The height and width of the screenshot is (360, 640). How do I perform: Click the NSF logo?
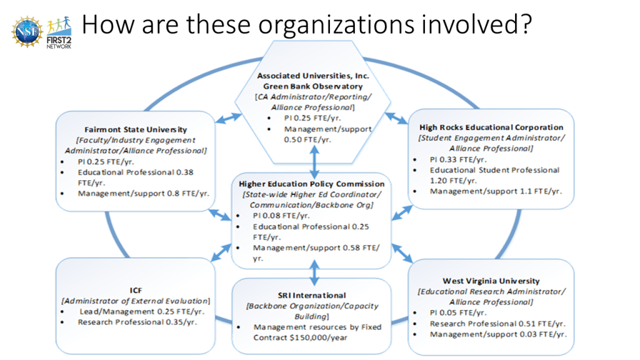[x=27, y=32]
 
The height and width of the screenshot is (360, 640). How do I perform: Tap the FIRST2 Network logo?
[x=59, y=32]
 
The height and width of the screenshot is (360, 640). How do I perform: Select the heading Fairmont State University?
[x=136, y=130]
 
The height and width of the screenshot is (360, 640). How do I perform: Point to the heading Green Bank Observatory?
[x=312, y=86]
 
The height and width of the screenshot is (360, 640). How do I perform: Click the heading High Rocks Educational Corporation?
[x=491, y=127]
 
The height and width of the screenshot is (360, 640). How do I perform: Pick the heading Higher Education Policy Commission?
[x=311, y=184]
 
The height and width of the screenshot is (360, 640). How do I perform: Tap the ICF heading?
[x=136, y=290]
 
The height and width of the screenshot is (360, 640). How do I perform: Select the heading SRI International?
[x=312, y=295]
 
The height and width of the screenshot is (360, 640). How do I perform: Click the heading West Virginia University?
[x=491, y=281]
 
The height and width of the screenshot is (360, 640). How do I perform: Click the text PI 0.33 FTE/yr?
[x=458, y=159]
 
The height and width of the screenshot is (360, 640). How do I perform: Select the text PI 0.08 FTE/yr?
[x=281, y=216]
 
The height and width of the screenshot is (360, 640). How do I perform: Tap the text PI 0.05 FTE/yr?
[x=458, y=312]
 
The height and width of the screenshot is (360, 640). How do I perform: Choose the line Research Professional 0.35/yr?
[x=137, y=322]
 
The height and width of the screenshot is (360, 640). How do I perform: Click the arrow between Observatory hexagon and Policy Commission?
[x=314, y=162]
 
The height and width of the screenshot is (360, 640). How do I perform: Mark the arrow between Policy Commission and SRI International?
[x=314, y=272]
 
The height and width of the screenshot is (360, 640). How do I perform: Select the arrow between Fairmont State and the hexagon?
[x=228, y=118]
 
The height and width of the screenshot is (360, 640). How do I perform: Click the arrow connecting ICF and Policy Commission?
[x=221, y=252]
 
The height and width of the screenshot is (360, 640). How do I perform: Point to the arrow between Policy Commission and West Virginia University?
[x=402, y=253]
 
